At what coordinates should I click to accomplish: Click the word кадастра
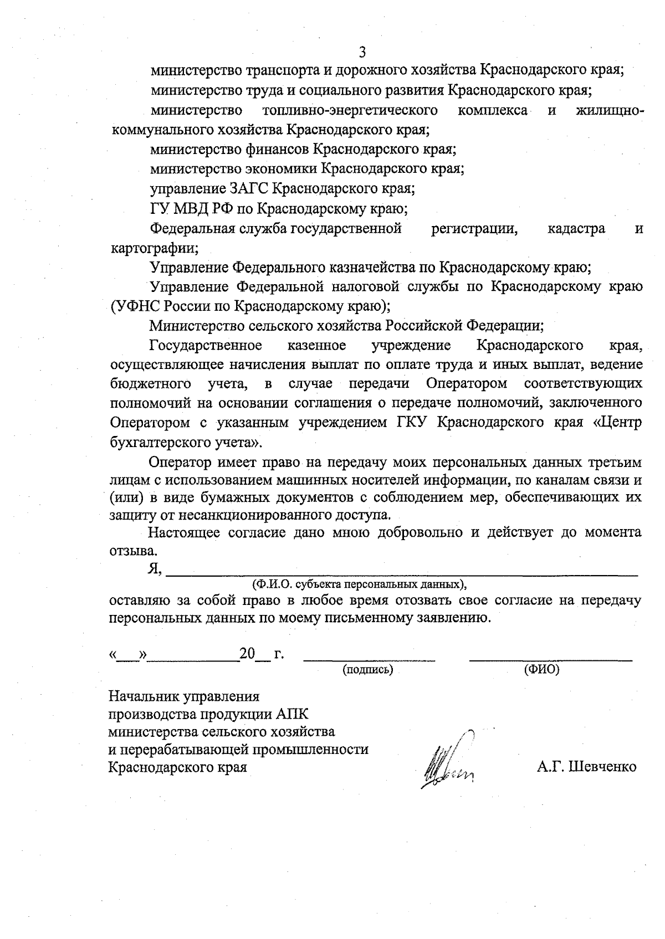point(576,229)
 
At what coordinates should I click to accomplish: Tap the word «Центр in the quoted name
point(617,423)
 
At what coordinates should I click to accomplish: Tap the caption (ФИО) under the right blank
point(541,670)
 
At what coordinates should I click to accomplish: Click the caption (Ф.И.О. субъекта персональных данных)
point(359,584)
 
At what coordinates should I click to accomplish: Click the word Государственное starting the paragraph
point(206,346)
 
